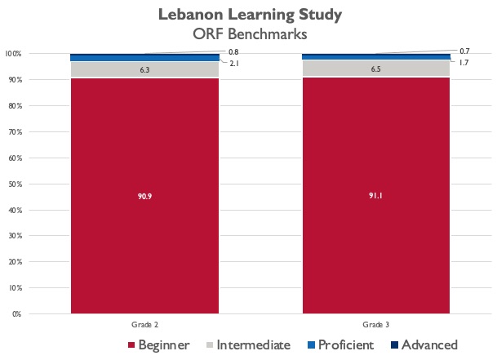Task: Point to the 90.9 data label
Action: (144, 196)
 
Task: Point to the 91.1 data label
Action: (375, 195)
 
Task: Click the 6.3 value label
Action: (144, 70)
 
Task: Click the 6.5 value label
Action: (375, 69)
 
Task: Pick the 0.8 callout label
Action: (233, 51)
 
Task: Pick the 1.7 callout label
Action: (464, 63)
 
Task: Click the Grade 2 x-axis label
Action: (144, 324)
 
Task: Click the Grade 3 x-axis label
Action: (375, 324)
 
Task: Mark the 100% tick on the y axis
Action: (12, 54)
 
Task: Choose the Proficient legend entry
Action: (339, 344)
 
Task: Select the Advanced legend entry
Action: (423, 344)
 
